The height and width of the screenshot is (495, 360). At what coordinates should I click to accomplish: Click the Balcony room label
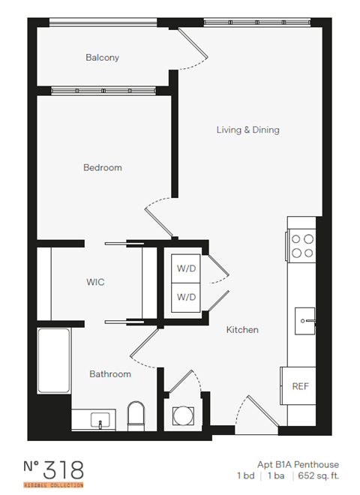102,58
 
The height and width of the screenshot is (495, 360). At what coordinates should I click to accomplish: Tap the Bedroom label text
102,168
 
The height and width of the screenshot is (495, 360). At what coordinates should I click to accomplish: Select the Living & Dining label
247,130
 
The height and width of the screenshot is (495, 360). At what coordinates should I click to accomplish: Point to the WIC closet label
94,283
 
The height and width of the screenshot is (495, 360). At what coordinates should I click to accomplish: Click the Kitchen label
242,329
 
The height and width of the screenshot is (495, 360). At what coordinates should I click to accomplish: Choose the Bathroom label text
110,374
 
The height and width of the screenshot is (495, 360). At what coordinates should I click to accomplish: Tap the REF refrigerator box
301,386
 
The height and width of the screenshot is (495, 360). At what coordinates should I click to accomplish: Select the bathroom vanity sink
99,419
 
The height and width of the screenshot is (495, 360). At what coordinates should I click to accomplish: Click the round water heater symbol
182,415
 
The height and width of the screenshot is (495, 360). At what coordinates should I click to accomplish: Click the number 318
63,470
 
